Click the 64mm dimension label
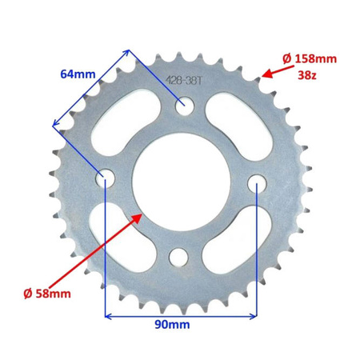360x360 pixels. pyautogui.click(x=78, y=74)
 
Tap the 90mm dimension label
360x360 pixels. pyautogui.click(x=172, y=325)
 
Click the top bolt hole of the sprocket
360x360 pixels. pyautogui.click(x=184, y=104)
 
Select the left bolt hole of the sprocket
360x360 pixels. pyautogui.click(x=106, y=177)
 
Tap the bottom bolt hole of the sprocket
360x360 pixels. pyautogui.click(x=178, y=258)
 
